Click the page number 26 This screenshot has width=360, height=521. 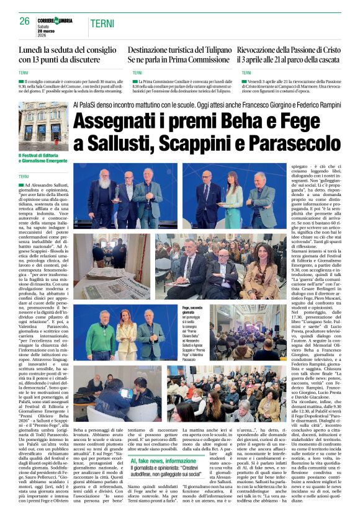25,21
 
